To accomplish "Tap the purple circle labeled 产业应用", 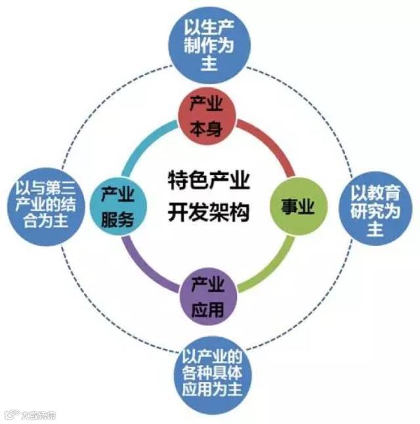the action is [x=207, y=295].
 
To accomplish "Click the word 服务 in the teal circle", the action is [x=118, y=218].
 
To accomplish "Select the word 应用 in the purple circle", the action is [x=207, y=307].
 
